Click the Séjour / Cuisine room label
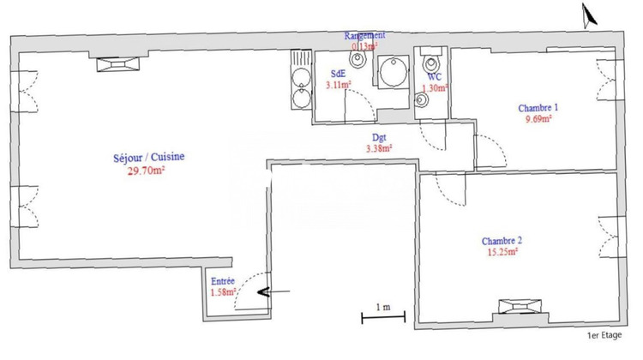149,157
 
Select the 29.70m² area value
145,171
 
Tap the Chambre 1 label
538,108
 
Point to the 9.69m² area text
538,120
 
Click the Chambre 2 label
502,241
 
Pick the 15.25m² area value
502,253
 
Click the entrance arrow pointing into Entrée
273,293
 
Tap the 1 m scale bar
382,318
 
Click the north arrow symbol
588,15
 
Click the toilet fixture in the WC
431,62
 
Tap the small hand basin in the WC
421,100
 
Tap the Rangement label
365,35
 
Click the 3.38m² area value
379,148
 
